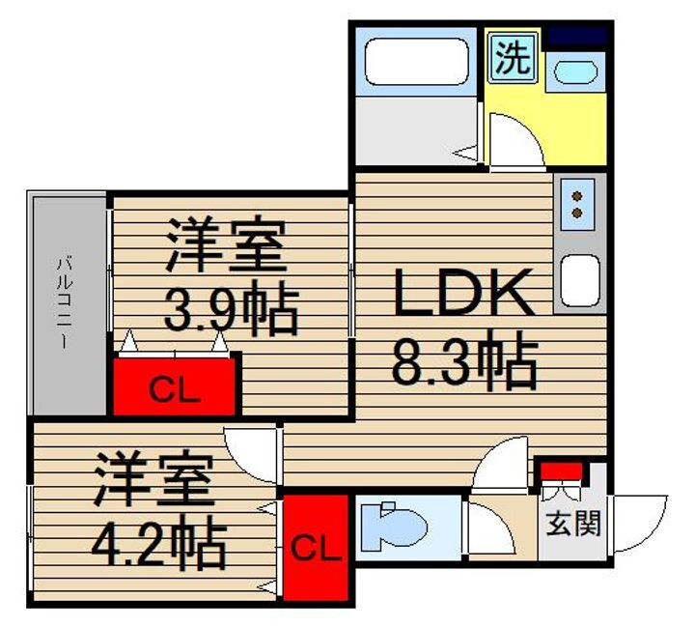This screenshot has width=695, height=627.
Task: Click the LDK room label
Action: (x=462, y=294)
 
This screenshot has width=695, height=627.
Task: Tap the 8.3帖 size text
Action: (x=462, y=360)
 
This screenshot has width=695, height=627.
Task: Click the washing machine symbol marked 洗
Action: (x=513, y=59)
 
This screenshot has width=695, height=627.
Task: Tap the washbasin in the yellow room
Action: (x=577, y=71)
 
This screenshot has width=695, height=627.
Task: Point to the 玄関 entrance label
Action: (x=573, y=523)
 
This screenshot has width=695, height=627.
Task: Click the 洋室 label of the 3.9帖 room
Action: (x=228, y=246)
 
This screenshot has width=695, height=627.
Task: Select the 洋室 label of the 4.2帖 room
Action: (x=153, y=483)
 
